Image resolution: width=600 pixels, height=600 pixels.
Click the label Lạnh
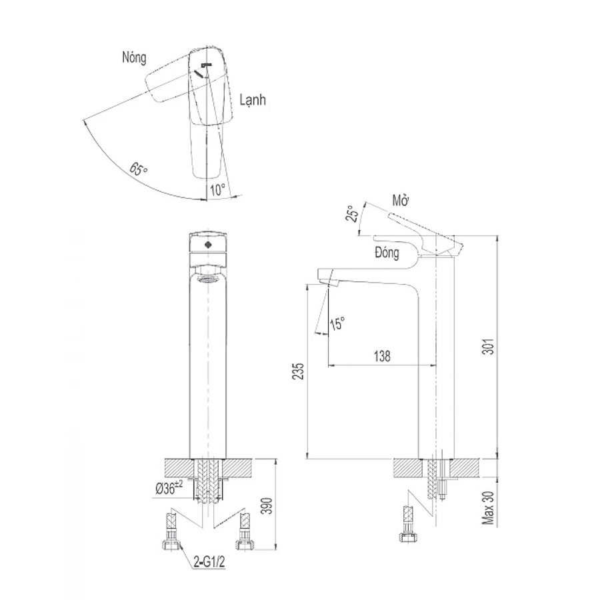[253, 100]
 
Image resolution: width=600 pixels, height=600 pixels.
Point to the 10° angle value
[217, 189]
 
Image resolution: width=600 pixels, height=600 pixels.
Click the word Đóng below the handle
[387, 253]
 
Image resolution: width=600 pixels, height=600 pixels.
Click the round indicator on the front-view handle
[209, 245]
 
